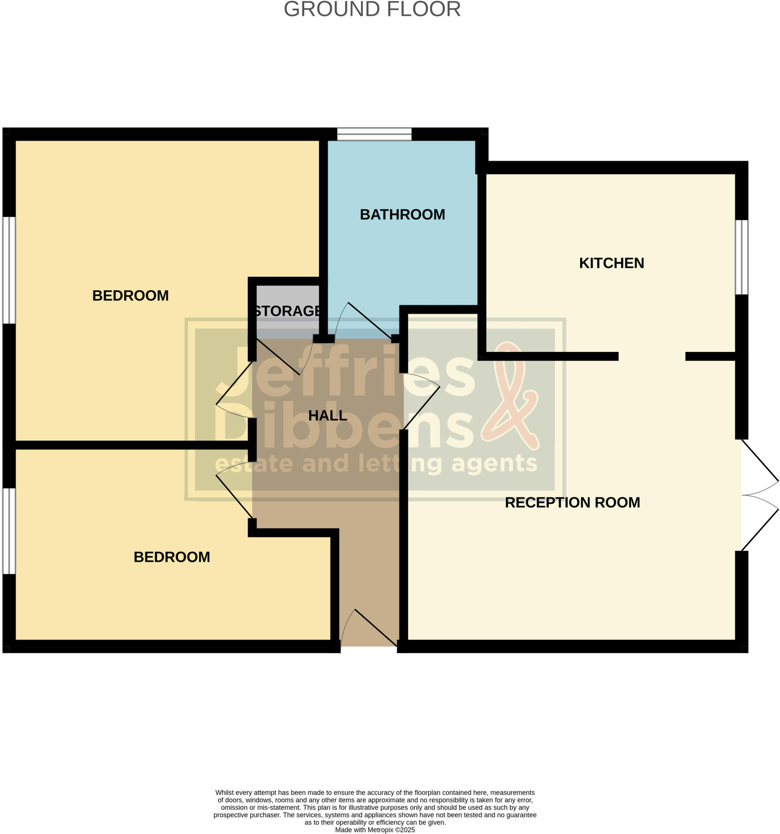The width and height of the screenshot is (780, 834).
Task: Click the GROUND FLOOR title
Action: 372,9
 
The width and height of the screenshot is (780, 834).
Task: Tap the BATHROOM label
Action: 402,214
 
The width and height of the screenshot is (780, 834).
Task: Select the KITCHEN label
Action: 611,263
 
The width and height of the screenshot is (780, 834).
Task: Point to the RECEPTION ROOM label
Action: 572,502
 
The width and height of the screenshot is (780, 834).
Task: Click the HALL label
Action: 328,416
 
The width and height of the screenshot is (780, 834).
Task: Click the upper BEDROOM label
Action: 130,296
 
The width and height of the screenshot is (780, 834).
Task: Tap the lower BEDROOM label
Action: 171,557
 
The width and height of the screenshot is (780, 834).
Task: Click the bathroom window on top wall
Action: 374,134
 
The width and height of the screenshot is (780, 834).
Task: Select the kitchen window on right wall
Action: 741,257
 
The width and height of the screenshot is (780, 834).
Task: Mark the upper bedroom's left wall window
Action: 9,270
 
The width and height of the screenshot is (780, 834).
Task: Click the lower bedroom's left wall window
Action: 9,531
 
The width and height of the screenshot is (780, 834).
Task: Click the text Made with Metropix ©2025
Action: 375,830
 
